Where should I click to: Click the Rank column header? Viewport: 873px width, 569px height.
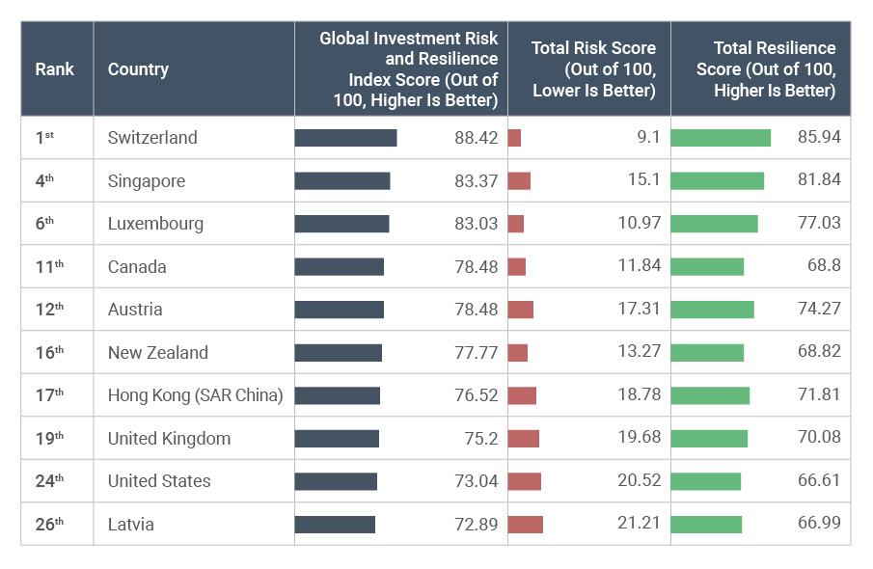(55, 68)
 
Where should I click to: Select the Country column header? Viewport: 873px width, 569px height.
(138, 68)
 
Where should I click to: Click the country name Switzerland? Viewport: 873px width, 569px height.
(152, 138)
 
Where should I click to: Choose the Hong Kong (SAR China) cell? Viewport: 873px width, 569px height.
(195, 395)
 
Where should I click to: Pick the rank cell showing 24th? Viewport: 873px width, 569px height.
(49, 481)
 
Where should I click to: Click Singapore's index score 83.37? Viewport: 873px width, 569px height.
(477, 180)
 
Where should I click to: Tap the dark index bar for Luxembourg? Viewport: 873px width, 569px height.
(341, 224)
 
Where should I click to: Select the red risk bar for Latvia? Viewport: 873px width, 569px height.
(525, 525)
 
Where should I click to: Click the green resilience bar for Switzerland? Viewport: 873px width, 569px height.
(721, 138)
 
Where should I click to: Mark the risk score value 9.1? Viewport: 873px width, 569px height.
(648, 138)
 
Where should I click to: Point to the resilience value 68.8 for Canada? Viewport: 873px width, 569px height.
(821, 267)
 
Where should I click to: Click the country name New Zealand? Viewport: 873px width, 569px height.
(157, 353)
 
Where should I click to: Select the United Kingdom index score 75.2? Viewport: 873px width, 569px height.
(480, 439)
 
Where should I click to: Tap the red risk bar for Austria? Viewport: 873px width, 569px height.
(520, 310)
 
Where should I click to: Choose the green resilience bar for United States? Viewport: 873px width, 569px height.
(705, 481)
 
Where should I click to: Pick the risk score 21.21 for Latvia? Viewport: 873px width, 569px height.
(640, 525)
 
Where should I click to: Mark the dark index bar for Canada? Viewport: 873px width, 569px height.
(339, 267)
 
